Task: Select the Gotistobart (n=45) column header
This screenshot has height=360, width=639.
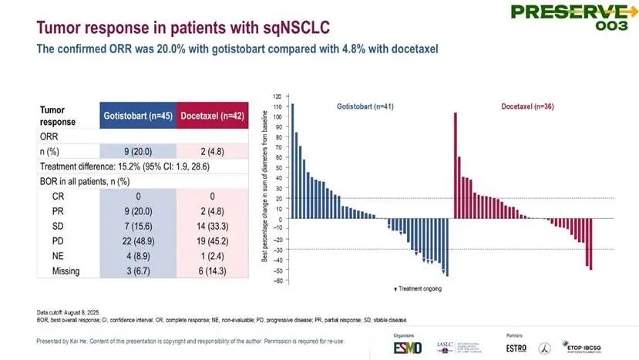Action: click(138, 116)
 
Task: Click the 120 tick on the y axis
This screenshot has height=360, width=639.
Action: click(277, 96)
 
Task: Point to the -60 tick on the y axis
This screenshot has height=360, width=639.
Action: click(276, 281)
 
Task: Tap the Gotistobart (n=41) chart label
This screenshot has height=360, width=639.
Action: click(365, 106)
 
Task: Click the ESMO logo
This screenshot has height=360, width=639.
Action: click(386, 346)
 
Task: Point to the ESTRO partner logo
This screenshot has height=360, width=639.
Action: click(518, 346)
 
